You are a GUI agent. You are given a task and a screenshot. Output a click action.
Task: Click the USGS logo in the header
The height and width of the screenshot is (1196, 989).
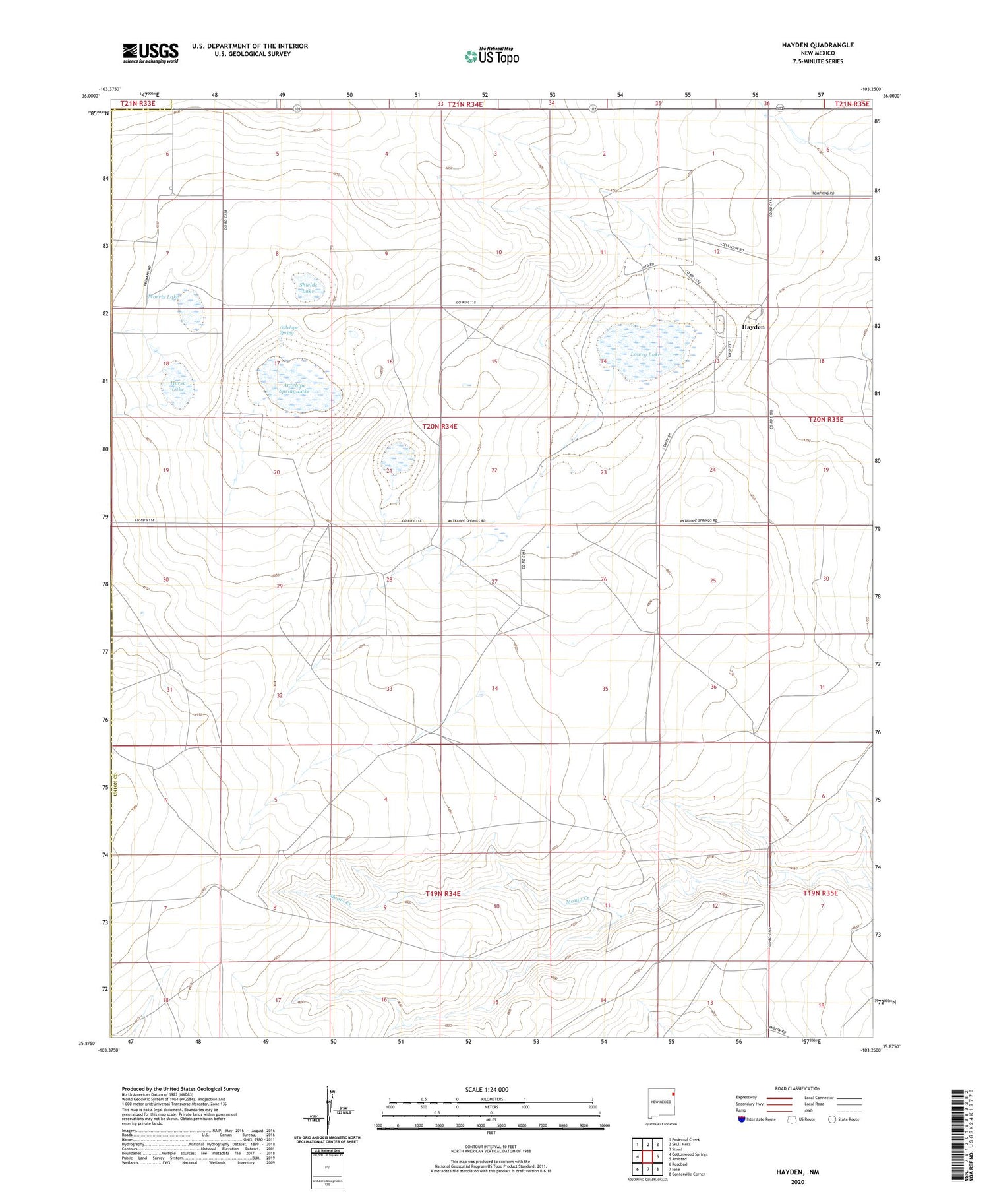(150, 53)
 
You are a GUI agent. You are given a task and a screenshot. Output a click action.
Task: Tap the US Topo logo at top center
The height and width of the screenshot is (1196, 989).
(492, 57)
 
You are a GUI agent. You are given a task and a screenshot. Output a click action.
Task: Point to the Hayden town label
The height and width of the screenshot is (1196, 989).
(754, 327)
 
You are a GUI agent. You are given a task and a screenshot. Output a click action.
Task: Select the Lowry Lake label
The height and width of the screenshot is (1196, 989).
(645, 355)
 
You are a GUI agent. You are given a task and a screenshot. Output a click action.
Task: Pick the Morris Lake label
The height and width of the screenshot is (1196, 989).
(164, 297)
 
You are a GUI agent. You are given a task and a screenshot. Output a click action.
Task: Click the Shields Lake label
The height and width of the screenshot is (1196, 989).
(308, 288)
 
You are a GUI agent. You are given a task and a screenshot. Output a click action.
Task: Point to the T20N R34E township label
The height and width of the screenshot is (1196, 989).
(440, 427)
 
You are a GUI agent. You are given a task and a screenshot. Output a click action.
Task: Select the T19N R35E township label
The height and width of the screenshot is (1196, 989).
(820, 893)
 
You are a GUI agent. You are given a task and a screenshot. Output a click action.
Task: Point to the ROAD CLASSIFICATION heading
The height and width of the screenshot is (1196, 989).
(798, 1088)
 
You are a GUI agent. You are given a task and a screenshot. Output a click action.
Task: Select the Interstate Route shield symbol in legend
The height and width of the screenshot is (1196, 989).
(742, 1119)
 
